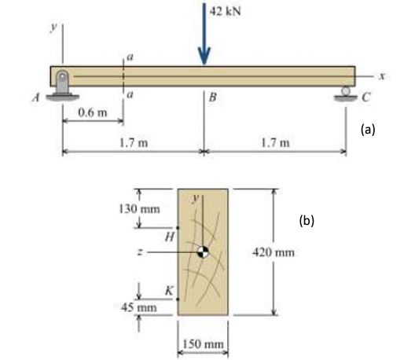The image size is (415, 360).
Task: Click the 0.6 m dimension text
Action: [92, 112]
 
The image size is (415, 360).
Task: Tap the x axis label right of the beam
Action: [381, 75]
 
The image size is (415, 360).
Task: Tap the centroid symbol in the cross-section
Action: [203, 252]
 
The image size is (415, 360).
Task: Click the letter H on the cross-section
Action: [167, 236]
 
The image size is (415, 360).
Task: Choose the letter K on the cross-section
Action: [168, 292]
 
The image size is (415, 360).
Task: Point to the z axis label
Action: [139, 252]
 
